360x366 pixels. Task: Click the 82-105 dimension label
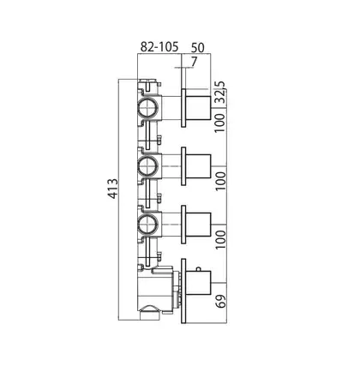[159, 46]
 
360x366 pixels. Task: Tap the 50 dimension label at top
[198, 48]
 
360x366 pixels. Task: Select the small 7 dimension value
[195, 62]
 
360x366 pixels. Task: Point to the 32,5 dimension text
[220, 92]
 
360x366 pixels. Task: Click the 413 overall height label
[113, 189]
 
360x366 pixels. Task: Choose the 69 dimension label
[221, 300]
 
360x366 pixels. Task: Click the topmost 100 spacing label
[220, 123]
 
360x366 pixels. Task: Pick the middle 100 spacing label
[220, 181]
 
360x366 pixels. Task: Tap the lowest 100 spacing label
[220, 239]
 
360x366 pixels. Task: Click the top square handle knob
[198, 108]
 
